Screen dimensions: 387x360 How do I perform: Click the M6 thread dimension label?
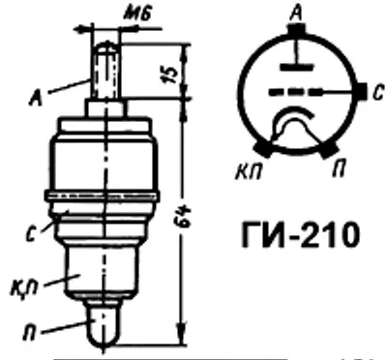click(137, 15)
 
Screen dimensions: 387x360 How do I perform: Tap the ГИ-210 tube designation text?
click(300, 234)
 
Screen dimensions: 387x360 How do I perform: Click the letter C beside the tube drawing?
click(32, 234)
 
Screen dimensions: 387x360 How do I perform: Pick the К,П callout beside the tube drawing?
click(26, 291)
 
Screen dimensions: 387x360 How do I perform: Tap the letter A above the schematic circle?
click(296, 15)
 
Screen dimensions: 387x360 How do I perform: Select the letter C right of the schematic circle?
click(378, 93)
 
